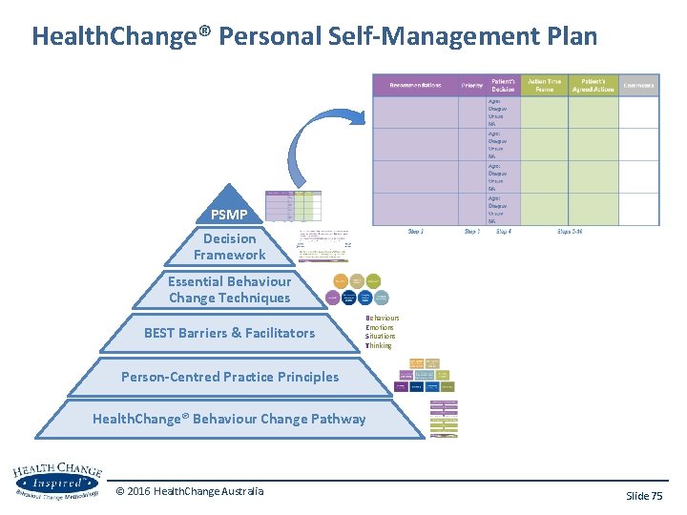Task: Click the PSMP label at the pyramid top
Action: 229,214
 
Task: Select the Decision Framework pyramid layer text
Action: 229,247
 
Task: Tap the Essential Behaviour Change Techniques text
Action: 229,290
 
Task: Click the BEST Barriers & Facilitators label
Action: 229,333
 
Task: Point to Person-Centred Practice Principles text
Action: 229,377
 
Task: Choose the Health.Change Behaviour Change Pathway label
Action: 229,419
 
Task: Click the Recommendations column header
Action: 415,85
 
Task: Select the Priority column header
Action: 471,86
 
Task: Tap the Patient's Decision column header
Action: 503,85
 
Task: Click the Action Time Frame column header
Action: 545,85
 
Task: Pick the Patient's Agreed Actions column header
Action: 593,85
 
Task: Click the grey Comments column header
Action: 638,85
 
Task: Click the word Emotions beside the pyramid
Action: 380,327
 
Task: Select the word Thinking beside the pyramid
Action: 379,345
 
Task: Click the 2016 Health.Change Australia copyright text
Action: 190,491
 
